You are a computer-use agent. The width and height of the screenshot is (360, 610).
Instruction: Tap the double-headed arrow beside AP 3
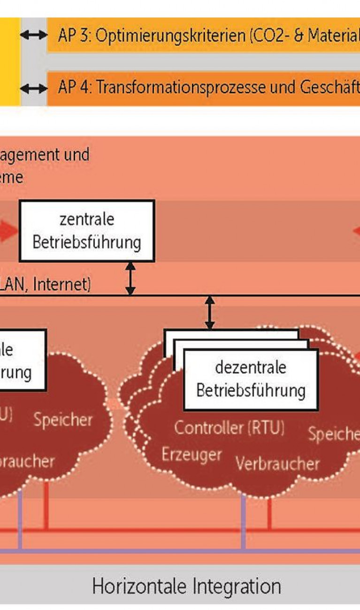(x=34, y=35)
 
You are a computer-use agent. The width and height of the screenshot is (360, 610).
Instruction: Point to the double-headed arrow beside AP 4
(x=34, y=88)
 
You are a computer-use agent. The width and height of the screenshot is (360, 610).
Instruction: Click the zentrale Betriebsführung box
(x=87, y=231)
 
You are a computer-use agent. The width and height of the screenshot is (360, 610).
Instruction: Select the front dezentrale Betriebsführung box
(x=251, y=379)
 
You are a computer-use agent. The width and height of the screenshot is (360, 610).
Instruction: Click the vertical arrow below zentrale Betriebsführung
(x=130, y=278)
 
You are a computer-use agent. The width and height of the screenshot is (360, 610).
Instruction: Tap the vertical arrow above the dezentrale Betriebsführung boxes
(x=210, y=313)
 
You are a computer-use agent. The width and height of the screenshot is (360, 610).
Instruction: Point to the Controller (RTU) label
(x=229, y=428)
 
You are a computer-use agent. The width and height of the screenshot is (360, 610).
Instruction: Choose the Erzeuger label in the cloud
(x=191, y=454)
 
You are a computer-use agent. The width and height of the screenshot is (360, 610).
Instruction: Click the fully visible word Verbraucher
(x=277, y=464)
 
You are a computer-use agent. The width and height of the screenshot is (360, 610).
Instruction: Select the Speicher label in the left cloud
(x=63, y=419)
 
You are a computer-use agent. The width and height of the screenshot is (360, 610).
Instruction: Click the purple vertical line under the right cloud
(x=243, y=521)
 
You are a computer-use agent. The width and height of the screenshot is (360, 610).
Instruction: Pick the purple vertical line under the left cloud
(x=20, y=521)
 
